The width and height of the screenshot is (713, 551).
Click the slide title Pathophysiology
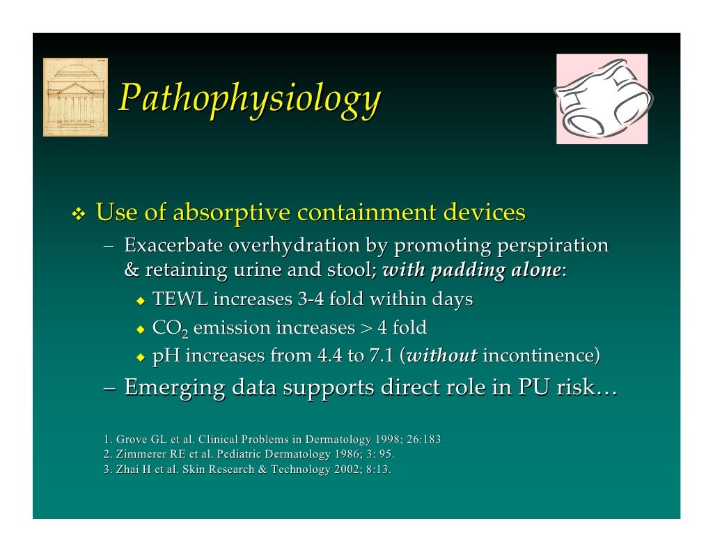click(x=249, y=99)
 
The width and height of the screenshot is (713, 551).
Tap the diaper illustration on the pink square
click(x=602, y=99)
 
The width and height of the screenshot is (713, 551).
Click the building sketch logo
click(x=75, y=97)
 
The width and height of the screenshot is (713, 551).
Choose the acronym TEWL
click(x=180, y=300)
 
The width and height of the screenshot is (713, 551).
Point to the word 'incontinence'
click(x=539, y=356)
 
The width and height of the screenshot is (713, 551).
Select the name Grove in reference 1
click(x=130, y=440)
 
